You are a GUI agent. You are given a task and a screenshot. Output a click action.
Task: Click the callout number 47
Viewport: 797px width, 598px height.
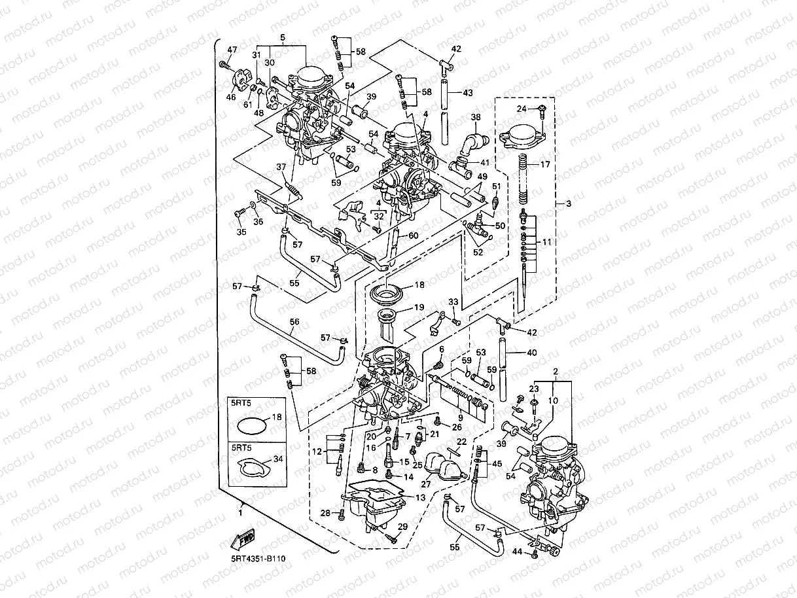[232, 50]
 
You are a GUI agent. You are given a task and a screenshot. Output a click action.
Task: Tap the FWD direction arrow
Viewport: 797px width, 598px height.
[243, 540]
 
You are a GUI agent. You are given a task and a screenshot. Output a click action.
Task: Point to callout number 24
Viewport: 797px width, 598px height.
[522, 109]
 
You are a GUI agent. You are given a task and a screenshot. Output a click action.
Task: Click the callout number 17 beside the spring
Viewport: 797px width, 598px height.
[546, 165]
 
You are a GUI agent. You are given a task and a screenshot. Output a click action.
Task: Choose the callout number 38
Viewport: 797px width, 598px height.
[475, 118]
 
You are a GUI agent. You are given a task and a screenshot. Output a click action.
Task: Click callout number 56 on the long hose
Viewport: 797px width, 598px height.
[294, 322]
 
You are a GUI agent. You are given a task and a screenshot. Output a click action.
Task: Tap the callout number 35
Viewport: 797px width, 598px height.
[241, 232]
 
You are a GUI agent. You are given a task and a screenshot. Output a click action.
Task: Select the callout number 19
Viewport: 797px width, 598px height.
[418, 307]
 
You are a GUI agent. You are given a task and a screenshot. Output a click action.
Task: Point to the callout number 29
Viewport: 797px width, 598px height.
[402, 527]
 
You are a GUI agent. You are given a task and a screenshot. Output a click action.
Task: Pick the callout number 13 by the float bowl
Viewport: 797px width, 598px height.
[420, 498]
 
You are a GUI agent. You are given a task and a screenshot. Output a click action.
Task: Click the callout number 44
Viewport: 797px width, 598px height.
[517, 552]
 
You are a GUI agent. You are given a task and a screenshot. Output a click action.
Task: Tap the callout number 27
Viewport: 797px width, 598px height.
[426, 485]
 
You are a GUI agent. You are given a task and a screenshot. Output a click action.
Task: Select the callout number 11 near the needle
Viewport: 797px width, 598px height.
[547, 241]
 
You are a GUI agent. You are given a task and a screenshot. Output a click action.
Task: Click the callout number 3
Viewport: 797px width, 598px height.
[568, 204]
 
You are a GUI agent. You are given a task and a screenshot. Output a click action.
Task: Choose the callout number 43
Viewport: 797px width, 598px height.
[467, 93]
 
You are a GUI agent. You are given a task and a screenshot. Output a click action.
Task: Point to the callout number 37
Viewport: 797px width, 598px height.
[281, 167]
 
